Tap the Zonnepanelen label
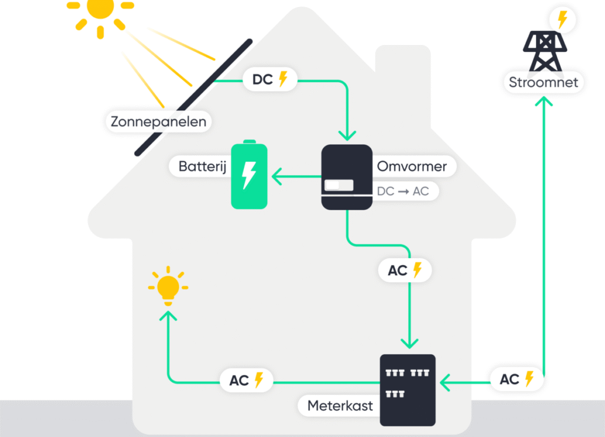pyautogui.click(x=159, y=122)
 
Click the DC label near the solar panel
pyautogui.click(x=270, y=79)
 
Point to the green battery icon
pyautogui.click(x=249, y=175)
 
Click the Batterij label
pyautogui.click(x=203, y=166)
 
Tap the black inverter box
pyautogui.click(x=347, y=177)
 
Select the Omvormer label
pyautogui.click(x=412, y=166)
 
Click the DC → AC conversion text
pyautogui.click(x=403, y=191)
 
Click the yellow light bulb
pyautogui.click(x=168, y=287)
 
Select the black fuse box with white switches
pyautogui.click(x=407, y=390)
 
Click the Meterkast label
pyautogui.click(x=340, y=406)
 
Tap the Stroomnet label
pyautogui.click(x=544, y=82)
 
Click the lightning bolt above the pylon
pyautogui.click(x=562, y=20)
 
